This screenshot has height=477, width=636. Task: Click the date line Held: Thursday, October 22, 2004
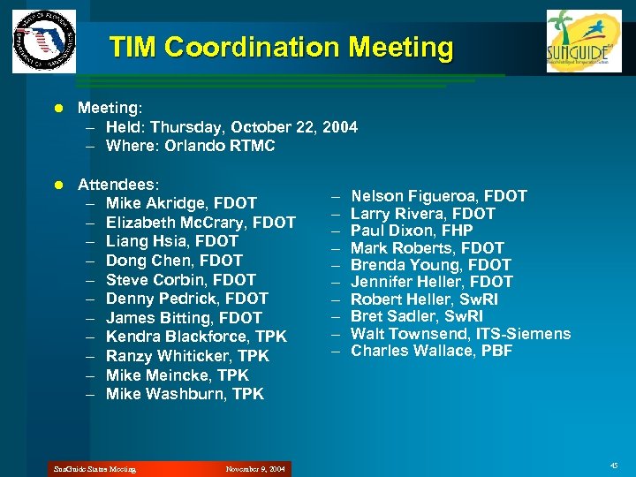(231, 127)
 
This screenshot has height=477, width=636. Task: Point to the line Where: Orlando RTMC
(190, 146)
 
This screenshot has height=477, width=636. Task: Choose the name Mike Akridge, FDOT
(181, 203)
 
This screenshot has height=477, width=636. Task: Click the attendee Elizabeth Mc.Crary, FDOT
(201, 223)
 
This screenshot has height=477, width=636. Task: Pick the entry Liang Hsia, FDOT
(172, 241)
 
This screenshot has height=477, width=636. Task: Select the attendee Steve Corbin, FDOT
(181, 279)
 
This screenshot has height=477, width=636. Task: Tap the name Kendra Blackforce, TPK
(196, 337)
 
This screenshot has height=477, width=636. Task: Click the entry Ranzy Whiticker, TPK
(187, 356)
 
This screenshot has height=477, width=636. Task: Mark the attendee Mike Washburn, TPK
(185, 394)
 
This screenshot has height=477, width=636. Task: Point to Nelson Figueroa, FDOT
(439, 196)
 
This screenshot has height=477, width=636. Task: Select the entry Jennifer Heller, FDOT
(432, 282)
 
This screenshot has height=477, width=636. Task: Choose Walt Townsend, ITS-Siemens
(460, 334)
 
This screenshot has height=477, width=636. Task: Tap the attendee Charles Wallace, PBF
(432, 351)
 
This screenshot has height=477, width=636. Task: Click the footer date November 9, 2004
(255, 469)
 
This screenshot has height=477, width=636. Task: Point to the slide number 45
(614, 466)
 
